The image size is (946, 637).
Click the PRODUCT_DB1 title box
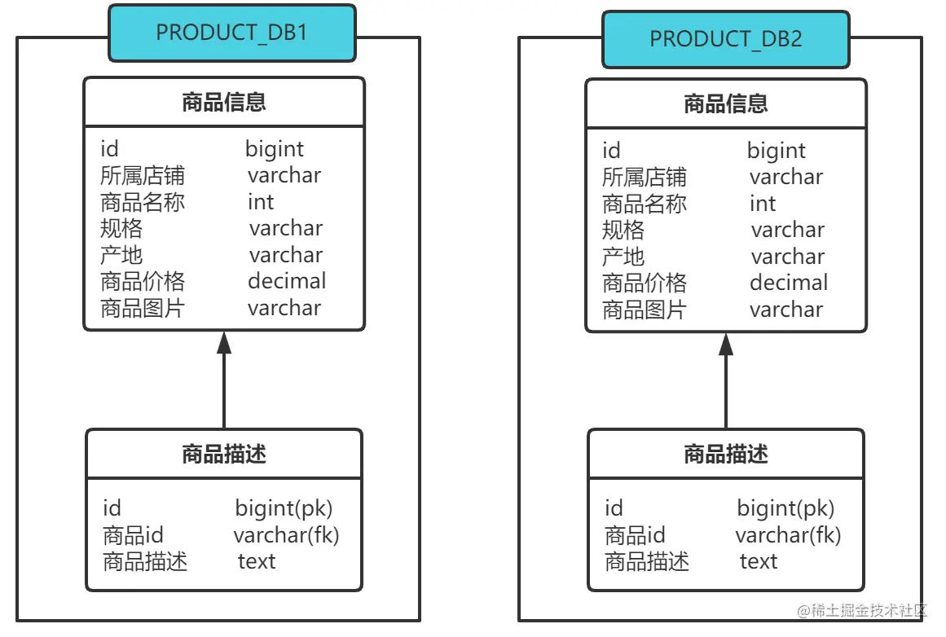tap(232, 33)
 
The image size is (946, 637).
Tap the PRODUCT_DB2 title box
tap(726, 39)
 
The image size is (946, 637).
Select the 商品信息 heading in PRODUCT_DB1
tap(224, 103)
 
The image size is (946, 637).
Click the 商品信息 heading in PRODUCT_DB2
tap(726, 104)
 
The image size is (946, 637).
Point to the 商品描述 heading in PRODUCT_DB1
tap(224, 454)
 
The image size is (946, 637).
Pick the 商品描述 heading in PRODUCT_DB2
tap(726, 454)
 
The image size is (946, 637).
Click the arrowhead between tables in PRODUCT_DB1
tap(224, 342)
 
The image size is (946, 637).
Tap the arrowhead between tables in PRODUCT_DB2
tap(726, 344)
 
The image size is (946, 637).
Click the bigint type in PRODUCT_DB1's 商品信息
tap(275, 149)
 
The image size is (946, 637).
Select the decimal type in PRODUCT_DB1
tap(287, 281)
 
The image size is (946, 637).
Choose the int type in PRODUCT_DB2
tap(763, 204)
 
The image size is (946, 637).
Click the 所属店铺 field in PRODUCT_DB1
tap(143, 176)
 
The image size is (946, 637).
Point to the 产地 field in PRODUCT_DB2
tap(623, 257)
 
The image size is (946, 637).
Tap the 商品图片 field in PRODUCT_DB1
tap(143, 308)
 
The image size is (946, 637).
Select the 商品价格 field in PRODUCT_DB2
tap(645, 283)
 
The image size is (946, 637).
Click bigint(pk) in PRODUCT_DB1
tap(284, 508)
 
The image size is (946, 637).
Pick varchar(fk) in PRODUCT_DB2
tap(788, 535)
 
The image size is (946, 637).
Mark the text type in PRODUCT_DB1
tap(257, 561)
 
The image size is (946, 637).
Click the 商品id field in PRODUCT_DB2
tap(635, 535)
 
